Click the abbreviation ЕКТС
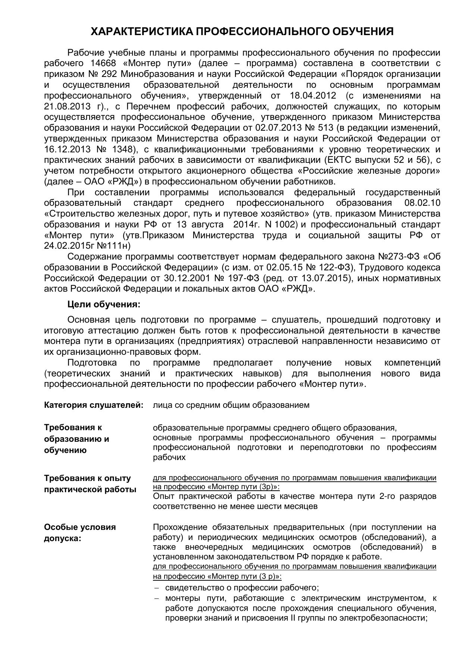(338, 160)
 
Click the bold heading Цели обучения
(104, 304)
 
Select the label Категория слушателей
(94, 405)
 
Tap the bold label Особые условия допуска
(80, 533)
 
